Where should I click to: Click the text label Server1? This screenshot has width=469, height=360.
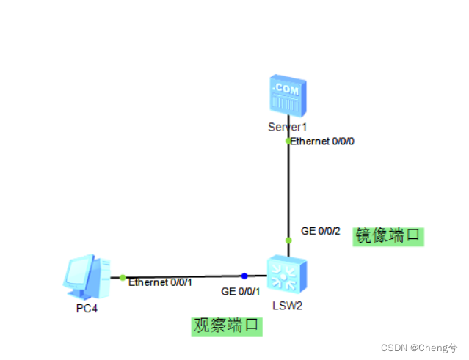[x=286, y=127]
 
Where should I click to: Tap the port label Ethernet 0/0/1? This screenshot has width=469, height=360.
[x=160, y=282]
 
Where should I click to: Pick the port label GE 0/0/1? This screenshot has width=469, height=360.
[x=241, y=291]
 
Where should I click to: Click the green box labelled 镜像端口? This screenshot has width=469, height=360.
[x=389, y=236]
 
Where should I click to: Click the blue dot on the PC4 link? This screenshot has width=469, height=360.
[x=244, y=276]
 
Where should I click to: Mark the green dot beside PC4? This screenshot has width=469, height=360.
[x=123, y=277]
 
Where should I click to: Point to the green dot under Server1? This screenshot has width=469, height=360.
[x=288, y=140]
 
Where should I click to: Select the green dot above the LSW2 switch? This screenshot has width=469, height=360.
[x=288, y=240]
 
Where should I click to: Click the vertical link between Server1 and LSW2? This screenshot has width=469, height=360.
[x=288, y=191]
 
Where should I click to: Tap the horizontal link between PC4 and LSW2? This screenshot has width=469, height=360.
[x=183, y=276]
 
